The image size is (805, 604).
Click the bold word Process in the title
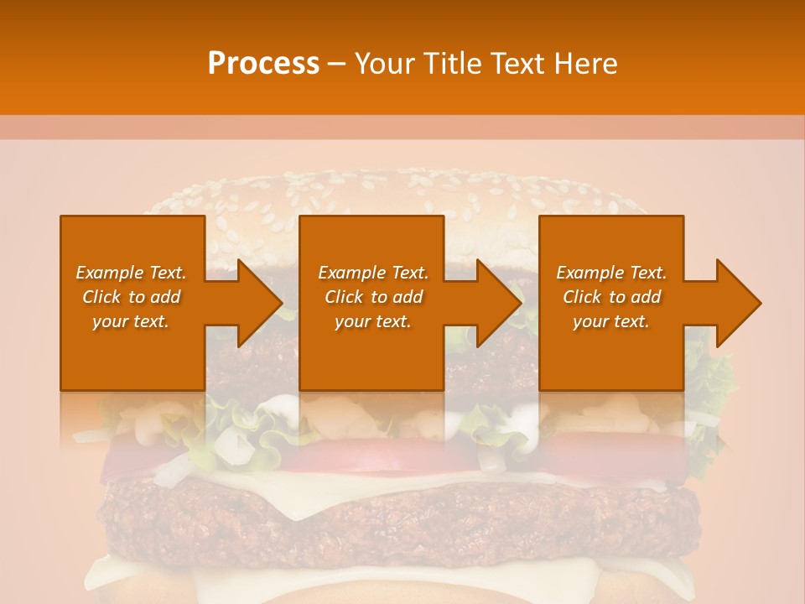coord(263,64)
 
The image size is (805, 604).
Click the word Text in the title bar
coord(518,64)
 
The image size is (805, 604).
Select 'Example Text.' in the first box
coord(131,273)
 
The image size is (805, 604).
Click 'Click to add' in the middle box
coord(373,297)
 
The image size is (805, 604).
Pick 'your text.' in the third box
coord(611,321)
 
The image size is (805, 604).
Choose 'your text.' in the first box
coord(131,321)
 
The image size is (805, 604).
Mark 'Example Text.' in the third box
coord(611,273)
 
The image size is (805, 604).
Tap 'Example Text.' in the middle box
coord(373,273)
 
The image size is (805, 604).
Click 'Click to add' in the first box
coord(131,297)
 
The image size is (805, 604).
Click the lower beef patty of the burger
coord(402,512)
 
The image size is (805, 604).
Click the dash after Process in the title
coord(337,64)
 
